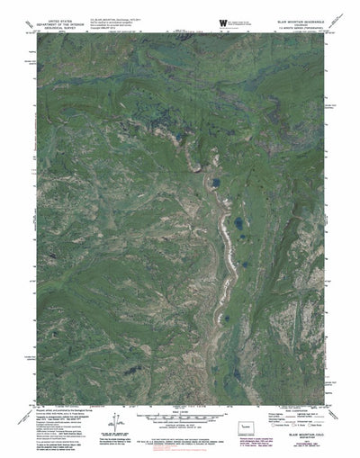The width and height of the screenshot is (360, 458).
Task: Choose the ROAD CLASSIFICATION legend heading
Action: (296, 415)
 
